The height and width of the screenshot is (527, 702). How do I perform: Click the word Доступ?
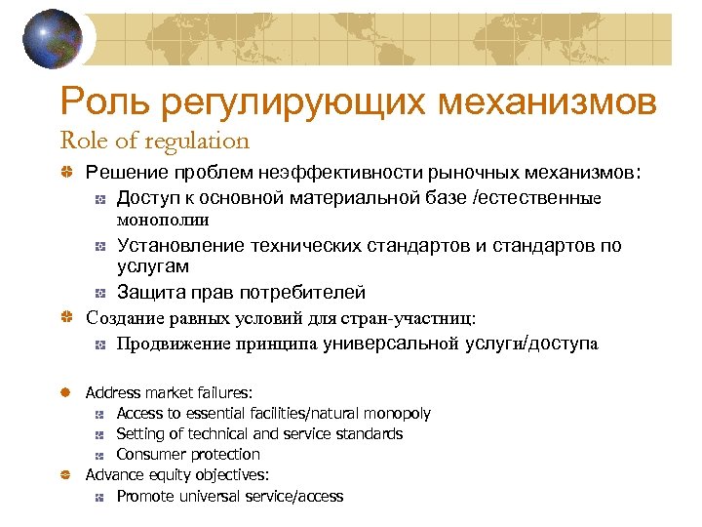(x=146, y=198)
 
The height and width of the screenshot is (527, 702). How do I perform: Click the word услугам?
(x=153, y=265)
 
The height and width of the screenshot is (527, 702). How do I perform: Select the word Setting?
(x=140, y=433)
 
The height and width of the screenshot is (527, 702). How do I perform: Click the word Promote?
(x=146, y=496)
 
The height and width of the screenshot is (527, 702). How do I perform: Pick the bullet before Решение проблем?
(x=64, y=173)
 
